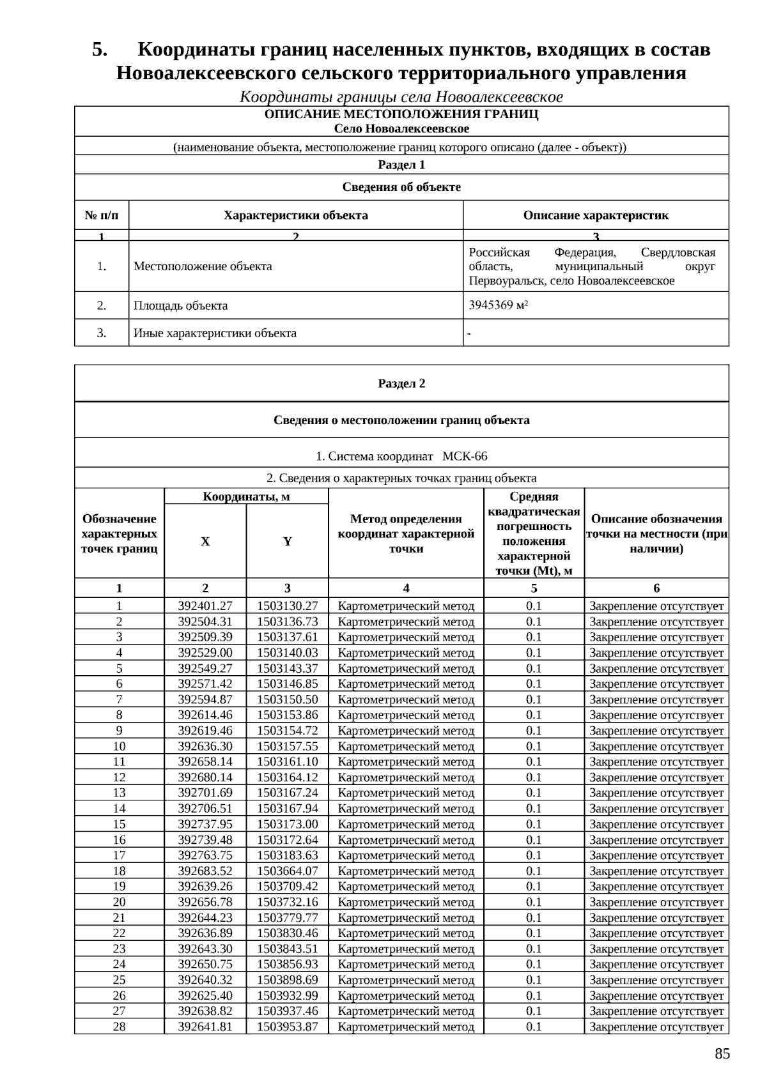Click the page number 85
722,1054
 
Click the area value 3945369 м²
498,305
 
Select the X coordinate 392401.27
205,606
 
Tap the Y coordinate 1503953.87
287,1027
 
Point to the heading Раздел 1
401,165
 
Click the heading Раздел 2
401,383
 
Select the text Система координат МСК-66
401,456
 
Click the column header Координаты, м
246,496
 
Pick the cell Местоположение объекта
203,266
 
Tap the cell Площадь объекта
180,305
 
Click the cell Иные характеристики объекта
215,333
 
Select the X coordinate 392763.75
205,855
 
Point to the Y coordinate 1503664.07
287,871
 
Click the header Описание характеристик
596,215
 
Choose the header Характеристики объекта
295,215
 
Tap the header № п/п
102,215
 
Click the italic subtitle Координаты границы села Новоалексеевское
401,97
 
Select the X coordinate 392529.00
205,652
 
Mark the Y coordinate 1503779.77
287,917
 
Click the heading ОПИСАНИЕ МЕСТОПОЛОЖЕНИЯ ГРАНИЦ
401,114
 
